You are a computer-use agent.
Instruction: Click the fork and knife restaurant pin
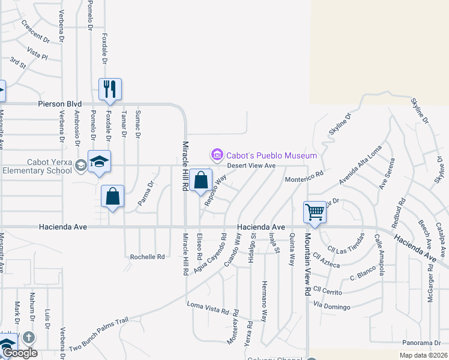click(110, 89)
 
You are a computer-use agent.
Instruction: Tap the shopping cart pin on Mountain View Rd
click(315, 212)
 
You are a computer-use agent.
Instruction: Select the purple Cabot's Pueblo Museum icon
click(216, 155)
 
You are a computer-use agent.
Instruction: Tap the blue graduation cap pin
click(100, 161)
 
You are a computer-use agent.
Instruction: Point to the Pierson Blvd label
click(59, 104)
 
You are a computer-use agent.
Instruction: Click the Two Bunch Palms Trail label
click(98, 335)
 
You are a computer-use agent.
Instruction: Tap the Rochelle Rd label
click(147, 257)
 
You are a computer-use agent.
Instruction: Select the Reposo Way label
click(215, 191)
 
